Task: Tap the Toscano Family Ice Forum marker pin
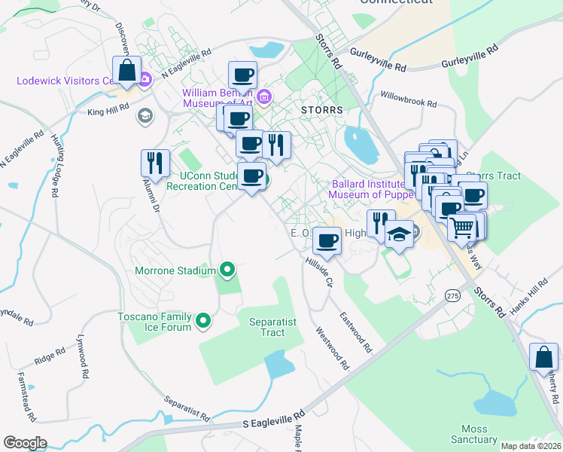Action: [202, 322]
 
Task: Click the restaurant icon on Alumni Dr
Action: [155, 162]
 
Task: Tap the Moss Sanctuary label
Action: [474, 434]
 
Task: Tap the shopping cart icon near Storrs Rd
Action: [461, 225]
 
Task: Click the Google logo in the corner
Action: [25, 443]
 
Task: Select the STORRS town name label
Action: [321, 110]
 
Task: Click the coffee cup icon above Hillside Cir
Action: [327, 240]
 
